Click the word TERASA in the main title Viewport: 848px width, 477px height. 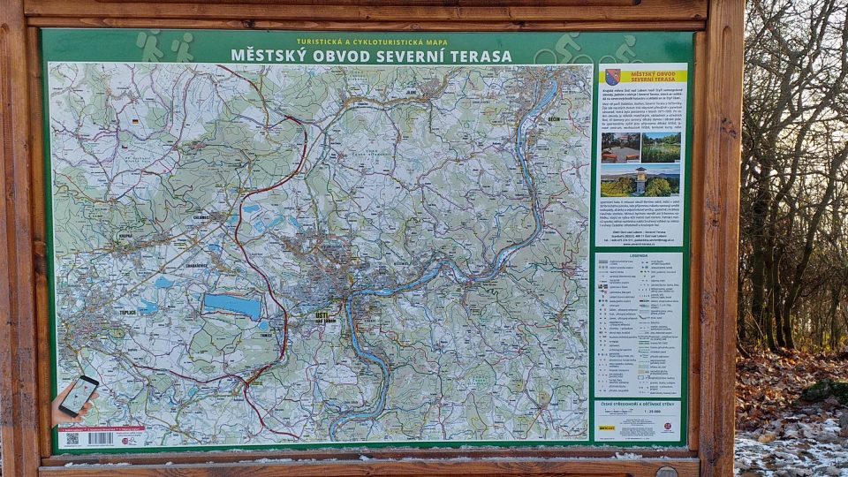[x=481, y=56]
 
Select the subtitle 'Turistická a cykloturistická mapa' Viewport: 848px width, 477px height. [x=372, y=42]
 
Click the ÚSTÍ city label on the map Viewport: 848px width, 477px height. [x=322, y=315]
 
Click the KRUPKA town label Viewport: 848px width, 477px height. [x=123, y=238]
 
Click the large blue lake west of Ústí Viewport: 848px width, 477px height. [x=233, y=306]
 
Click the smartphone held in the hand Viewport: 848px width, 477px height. [x=79, y=395]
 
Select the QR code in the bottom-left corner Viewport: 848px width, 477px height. [x=72, y=438]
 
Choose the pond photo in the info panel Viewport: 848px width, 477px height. [x=661, y=147]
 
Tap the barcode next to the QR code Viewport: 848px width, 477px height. [x=100, y=438]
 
